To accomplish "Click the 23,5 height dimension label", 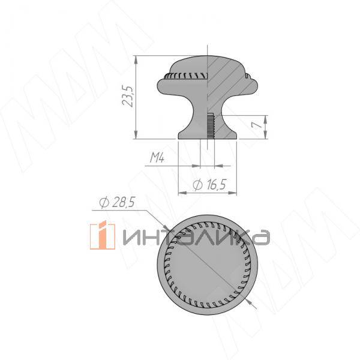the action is click(x=128, y=97).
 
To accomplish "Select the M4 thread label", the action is click(x=157, y=158).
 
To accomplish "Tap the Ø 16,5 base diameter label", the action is click(x=209, y=185).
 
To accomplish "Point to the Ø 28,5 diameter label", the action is click(x=116, y=203).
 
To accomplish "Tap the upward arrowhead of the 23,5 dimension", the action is click(x=136, y=59).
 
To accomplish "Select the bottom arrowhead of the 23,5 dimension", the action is click(x=136, y=135).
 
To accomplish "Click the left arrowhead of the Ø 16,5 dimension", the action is click(x=182, y=193).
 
